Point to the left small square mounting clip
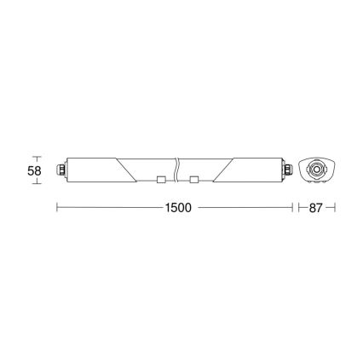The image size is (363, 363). point(160,179)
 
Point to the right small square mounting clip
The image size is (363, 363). point(195,179)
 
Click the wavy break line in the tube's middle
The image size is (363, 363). point(176,170)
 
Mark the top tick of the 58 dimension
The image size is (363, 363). point(36,157)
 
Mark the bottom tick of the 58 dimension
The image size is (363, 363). point(36,184)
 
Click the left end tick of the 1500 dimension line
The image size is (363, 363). point(57,207)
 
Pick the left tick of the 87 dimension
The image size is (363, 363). point(297,207)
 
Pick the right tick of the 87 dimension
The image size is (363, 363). point(336,207)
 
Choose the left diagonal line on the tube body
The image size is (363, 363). point(126,170)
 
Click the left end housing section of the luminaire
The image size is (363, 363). point(89,170)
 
